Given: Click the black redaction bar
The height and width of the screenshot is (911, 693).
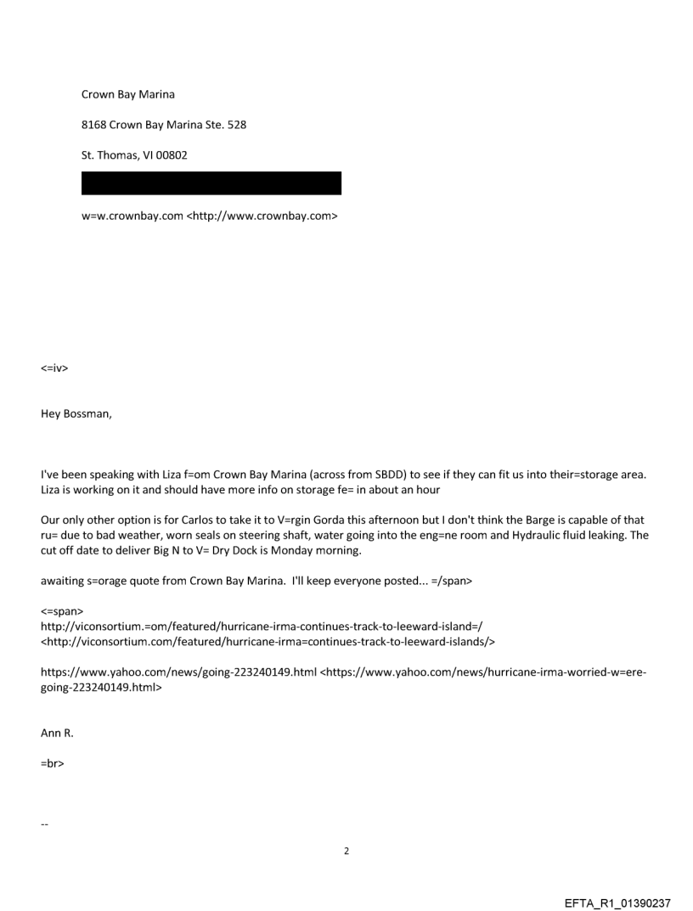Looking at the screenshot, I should (211, 183).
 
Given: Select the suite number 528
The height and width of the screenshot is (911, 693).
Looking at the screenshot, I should (235, 125).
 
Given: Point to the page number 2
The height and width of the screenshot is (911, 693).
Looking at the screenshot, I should (346, 851).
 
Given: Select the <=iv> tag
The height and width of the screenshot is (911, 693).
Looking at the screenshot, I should (54, 368).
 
